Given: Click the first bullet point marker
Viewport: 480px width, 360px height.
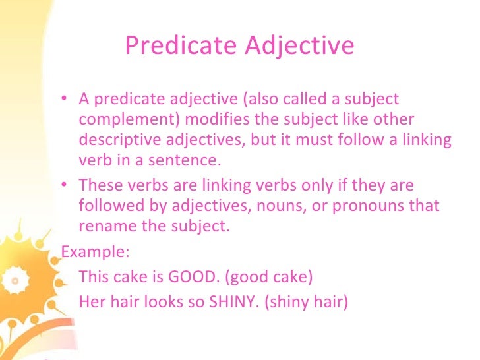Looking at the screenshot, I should point(63,100).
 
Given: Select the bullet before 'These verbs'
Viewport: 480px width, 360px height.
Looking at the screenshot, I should point(63,187).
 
